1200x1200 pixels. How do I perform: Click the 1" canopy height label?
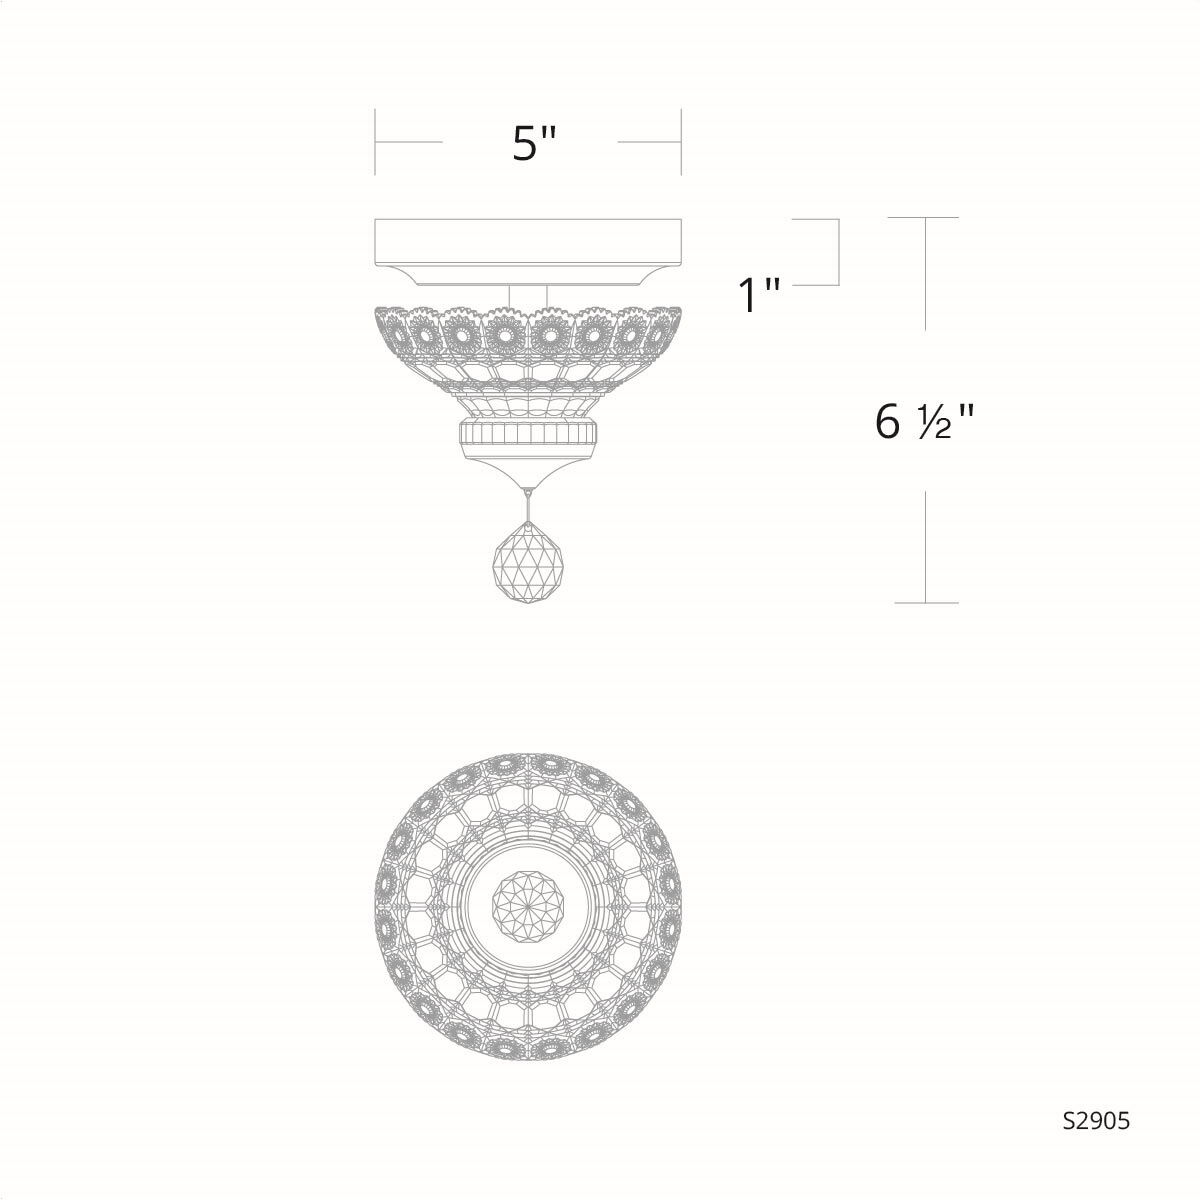pos(758,295)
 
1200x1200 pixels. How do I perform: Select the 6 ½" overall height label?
pos(923,423)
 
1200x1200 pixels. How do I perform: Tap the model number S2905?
pos(1096,1121)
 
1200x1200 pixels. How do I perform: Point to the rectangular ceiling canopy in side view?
pos(528,240)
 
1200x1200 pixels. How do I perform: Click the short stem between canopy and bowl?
pos(528,293)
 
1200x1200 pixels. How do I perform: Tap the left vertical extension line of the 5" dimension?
pos(376,142)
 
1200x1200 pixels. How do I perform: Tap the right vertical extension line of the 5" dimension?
pos(681,142)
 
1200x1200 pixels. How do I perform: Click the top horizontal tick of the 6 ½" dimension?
pos(926,218)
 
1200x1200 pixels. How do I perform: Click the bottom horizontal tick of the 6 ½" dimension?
pos(926,603)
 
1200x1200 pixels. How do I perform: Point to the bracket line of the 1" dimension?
pos(837,252)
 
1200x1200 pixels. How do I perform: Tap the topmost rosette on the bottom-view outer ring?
pos(528,762)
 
